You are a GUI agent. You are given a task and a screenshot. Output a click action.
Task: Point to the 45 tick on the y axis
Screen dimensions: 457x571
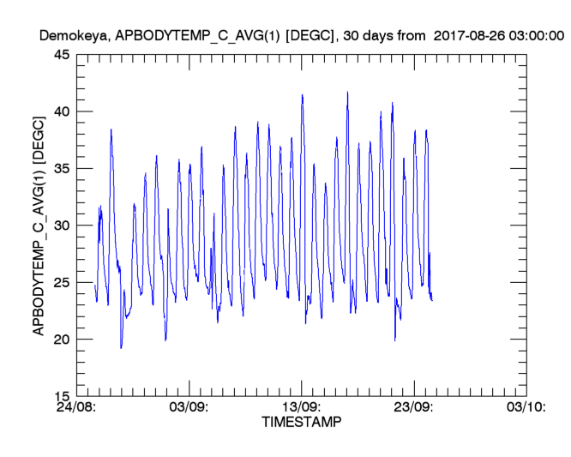[x=63, y=55]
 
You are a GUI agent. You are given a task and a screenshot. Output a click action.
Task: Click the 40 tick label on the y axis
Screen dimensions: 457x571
[x=63, y=111]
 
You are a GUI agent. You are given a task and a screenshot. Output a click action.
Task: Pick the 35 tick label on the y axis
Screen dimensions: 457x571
[x=63, y=169]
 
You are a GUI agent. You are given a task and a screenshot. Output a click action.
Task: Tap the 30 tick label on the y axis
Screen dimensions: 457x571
[x=63, y=225]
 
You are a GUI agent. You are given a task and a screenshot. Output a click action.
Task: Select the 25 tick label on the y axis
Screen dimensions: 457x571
[x=63, y=282]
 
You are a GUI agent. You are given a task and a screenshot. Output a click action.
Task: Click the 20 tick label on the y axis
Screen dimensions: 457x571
[x=63, y=340]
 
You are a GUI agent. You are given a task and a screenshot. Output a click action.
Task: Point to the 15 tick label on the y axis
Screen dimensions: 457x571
[x=63, y=396]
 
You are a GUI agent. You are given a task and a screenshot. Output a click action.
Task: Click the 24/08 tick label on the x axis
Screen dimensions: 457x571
[x=79, y=408]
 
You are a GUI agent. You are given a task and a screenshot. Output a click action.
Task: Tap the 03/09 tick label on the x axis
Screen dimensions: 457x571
[x=190, y=408]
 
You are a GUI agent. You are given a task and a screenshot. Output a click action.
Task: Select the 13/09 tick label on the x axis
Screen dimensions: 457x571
[x=302, y=408]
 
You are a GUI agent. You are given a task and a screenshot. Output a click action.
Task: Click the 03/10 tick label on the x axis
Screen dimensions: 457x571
[x=524, y=408]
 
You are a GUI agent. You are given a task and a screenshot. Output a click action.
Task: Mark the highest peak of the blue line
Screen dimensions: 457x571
[x=347, y=93]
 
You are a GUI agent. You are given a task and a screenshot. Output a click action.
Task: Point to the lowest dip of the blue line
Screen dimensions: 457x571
[x=121, y=347]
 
